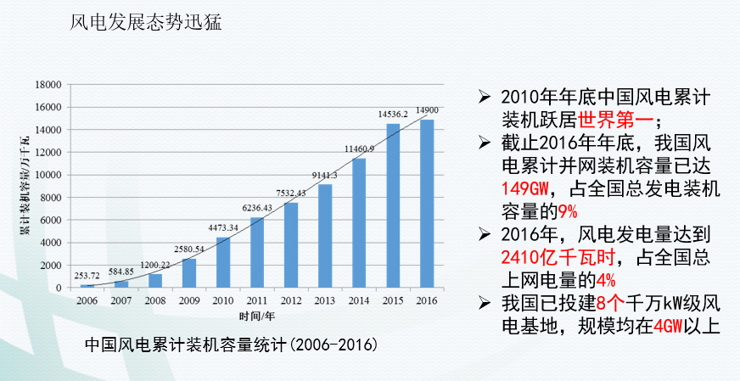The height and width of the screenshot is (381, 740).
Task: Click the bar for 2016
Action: pyautogui.click(x=427, y=204)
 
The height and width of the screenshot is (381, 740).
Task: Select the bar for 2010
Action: pyautogui.click(x=223, y=262)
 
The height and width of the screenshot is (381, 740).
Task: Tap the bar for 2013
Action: pyautogui.click(x=325, y=236)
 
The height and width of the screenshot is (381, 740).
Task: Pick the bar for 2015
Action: pyautogui.click(x=393, y=206)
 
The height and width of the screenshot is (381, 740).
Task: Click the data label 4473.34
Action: pyautogui.click(x=223, y=227)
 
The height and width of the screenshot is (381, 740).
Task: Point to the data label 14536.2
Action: pyautogui.click(x=393, y=114)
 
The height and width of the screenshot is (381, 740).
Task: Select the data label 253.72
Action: pyautogui.click(x=87, y=276)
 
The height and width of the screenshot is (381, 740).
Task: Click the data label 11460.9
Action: pyautogui.click(x=359, y=148)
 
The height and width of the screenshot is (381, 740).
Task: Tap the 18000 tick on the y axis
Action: pyautogui.click(x=48, y=85)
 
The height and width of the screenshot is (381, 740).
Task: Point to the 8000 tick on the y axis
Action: pyautogui.click(x=50, y=198)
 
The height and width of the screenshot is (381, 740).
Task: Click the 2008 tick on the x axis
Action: pyautogui.click(x=155, y=300)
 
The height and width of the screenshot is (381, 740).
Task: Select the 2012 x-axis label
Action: pyautogui.click(x=291, y=300)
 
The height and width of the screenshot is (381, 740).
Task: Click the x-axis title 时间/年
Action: pyautogui.click(x=256, y=317)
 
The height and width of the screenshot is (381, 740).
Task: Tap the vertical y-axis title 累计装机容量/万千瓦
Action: pyautogui.click(x=25, y=184)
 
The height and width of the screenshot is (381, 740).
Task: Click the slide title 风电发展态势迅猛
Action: pyautogui.click(x=147, y=23)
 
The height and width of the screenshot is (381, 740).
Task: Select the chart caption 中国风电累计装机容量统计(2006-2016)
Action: pyautogui.click(x=231, y=347)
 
